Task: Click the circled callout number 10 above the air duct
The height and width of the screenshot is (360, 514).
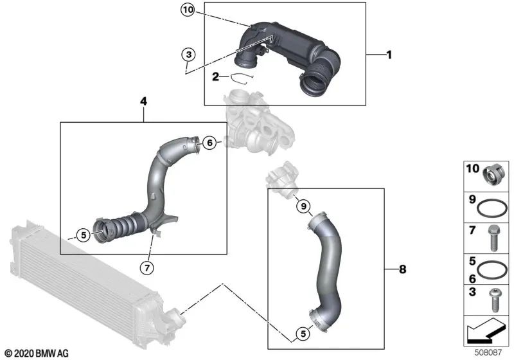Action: pos(187,10)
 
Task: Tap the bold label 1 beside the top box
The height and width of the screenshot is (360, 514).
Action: pos(388,55)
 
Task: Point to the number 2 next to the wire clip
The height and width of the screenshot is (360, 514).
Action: pos(217,77)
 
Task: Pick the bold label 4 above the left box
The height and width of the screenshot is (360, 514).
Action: pos(143,101)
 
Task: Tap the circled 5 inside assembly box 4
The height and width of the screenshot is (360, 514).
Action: pos(83,235)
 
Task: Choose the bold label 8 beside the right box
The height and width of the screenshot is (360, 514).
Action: pos(403,269)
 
